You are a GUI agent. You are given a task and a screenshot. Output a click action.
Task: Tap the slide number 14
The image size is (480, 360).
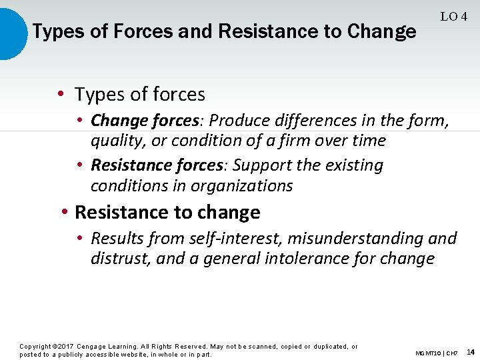[x=471, y=352]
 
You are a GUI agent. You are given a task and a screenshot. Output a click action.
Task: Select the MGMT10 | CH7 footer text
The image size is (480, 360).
[x=436, y=353]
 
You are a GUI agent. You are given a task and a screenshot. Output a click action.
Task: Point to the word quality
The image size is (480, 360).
[x=113, y=141]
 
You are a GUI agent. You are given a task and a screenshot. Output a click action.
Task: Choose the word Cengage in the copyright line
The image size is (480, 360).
[x=93, y=347]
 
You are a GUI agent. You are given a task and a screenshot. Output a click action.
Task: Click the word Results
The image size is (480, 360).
[x=115, y=239]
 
